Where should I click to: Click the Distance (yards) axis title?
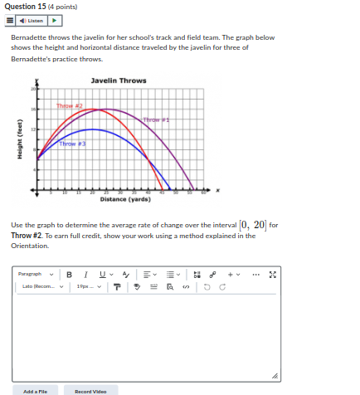(124, 199)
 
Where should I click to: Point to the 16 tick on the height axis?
(35, 110)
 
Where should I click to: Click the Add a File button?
(35, 390)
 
